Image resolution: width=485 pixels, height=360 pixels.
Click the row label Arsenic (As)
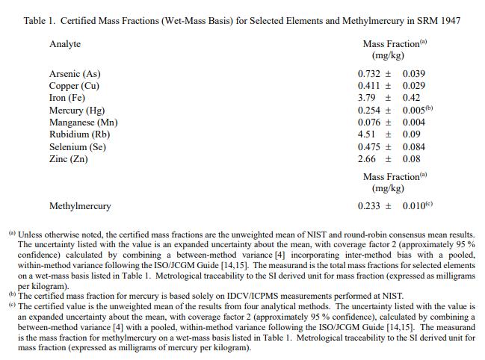pos(74,74)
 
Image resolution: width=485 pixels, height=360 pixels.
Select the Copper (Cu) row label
pos(74,86)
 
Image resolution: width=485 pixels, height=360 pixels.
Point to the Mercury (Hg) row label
pos(76,111)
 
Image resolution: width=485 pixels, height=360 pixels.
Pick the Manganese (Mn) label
pos(83,122)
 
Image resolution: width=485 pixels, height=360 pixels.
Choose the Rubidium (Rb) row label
pos(79,134)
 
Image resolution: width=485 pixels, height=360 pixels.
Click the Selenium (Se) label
pos(78,146)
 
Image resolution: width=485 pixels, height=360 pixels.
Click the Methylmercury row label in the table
pos(80,205)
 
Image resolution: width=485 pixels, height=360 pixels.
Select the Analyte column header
pos(65,44)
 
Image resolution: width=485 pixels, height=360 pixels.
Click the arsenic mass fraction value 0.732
pos(370,74)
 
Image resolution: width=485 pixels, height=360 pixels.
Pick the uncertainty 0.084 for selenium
pos(413,146)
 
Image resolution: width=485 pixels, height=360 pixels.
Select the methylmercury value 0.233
pos(370,205)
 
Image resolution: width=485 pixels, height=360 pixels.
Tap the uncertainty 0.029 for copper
pos(413,86)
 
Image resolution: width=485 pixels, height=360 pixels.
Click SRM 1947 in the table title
pos(439,19)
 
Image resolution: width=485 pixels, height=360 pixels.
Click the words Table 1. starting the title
pos(39,19)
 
